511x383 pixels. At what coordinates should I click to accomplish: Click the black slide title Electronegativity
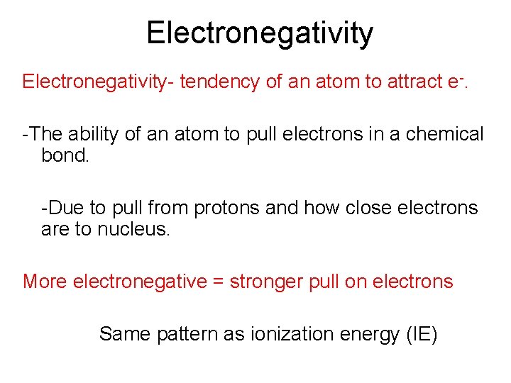(x=259, y=33)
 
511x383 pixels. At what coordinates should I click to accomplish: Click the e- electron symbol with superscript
(x=463, y=81)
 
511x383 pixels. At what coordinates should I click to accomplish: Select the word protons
(x=229, y=208)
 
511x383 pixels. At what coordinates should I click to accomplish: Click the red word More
(x=45, y=282)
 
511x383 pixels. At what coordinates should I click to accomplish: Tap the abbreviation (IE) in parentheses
(x=422, y=334)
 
